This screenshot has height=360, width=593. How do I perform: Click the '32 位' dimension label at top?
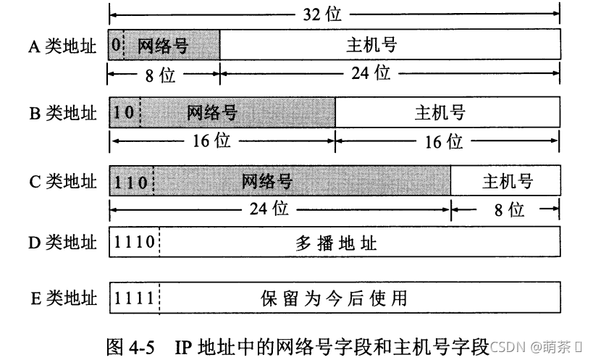323,13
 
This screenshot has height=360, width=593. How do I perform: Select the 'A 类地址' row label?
62,46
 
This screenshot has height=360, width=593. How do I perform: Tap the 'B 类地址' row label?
62,113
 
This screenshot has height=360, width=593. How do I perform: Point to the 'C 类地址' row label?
62,181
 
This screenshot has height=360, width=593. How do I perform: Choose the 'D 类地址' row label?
62,243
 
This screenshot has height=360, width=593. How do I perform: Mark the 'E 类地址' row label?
62,298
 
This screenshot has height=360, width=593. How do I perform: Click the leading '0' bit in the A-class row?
116,46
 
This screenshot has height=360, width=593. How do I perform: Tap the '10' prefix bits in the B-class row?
124,113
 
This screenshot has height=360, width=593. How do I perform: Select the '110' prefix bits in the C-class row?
131,181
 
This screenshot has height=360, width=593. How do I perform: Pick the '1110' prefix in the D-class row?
134,243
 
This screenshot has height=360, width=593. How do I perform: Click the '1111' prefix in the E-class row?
134,298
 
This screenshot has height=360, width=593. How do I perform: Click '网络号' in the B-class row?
212,113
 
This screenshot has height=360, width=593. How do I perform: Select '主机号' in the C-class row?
508,181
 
